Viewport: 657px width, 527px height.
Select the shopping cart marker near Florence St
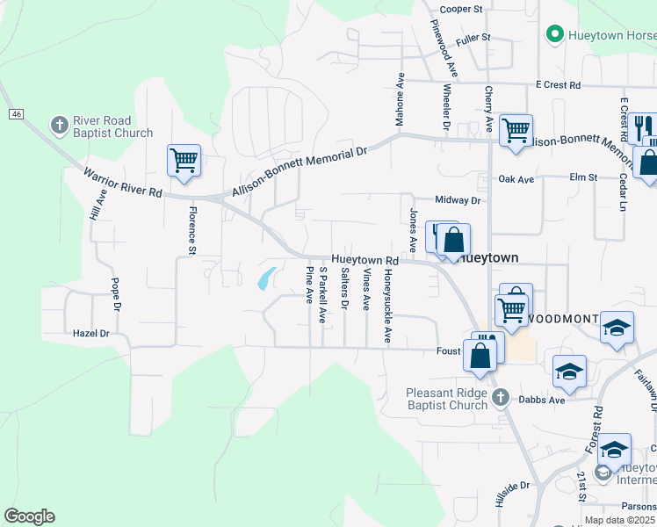[184, 162]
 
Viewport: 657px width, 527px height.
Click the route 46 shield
[17, 114]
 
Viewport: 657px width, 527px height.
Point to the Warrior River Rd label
[123, 180]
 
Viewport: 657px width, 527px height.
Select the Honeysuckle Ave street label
[386, 306]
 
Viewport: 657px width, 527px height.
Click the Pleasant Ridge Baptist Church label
[447, 399]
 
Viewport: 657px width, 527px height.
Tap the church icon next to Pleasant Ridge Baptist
[500, 398]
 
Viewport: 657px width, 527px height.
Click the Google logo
[29, 516]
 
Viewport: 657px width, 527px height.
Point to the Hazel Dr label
[90, 334]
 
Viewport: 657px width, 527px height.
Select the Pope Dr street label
[115, 295]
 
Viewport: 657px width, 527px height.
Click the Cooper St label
[462, 9]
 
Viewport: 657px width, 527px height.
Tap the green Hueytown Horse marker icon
[554, 34]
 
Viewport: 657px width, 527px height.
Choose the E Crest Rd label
[558, 85]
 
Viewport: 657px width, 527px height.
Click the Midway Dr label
[458, 200]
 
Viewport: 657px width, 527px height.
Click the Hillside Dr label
[514, 484]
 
